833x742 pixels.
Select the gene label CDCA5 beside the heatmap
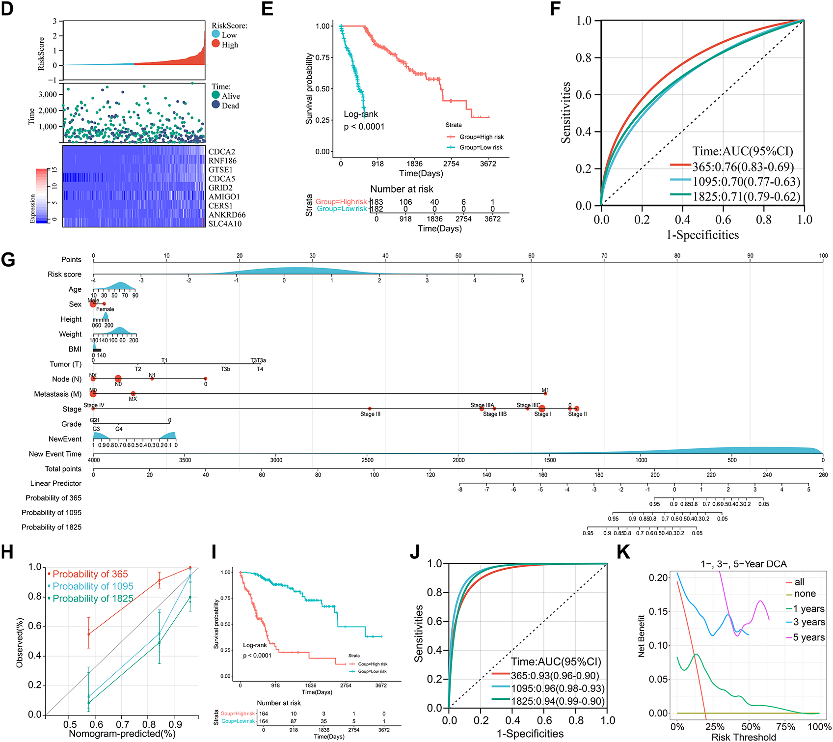222,179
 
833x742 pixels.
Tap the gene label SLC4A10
225,224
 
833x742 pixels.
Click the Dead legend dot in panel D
216,105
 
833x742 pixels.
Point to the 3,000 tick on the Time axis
48,94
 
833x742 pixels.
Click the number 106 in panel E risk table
405,202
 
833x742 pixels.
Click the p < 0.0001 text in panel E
364,127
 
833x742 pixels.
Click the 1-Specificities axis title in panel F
702,235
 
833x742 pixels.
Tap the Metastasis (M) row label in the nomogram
58,394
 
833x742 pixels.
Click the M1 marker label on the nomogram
545,390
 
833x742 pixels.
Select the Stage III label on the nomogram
370,414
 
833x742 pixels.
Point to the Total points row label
63,469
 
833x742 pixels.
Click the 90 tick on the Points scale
750,256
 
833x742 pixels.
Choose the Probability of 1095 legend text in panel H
93,586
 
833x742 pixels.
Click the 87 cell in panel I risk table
294,721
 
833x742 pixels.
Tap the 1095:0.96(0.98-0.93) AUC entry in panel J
557,688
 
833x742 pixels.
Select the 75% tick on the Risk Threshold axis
786,727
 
